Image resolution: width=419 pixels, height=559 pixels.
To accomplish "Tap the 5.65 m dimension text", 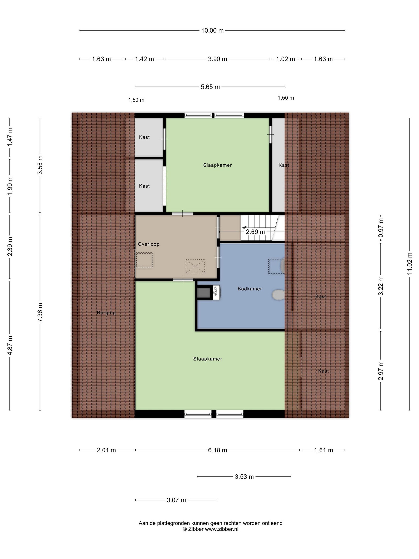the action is [x=210, y=87].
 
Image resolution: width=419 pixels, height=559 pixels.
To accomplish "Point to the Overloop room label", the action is [x=149, y=244].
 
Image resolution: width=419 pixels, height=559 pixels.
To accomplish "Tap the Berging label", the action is [x=106, y=313].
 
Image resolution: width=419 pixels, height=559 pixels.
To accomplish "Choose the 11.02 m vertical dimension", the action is [x=409, y=263].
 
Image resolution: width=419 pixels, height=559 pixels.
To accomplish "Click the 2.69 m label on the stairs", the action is [x=255, y=232].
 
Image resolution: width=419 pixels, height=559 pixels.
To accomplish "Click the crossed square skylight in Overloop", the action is [x=195, y=266].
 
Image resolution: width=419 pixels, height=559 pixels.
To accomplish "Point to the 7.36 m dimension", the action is [x=40, y=313].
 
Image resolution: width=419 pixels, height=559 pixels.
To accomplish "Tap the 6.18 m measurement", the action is [x=217, y=450].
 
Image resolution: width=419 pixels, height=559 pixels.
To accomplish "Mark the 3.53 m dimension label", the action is [x=244, y=477].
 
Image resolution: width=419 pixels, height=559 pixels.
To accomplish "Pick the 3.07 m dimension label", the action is [x=176, y=500].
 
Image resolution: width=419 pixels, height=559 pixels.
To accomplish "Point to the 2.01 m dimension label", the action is [x=106, y=450].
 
